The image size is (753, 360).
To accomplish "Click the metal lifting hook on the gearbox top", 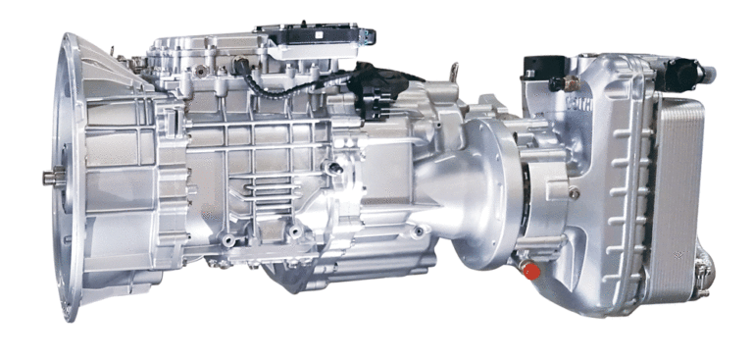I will pyautogui.click(x=454, y=73).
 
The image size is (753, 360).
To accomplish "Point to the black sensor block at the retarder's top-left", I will pyautogui.click(x=540, y=67).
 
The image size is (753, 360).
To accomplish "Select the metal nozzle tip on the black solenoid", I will pyautogui.click(x=709, y=72).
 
